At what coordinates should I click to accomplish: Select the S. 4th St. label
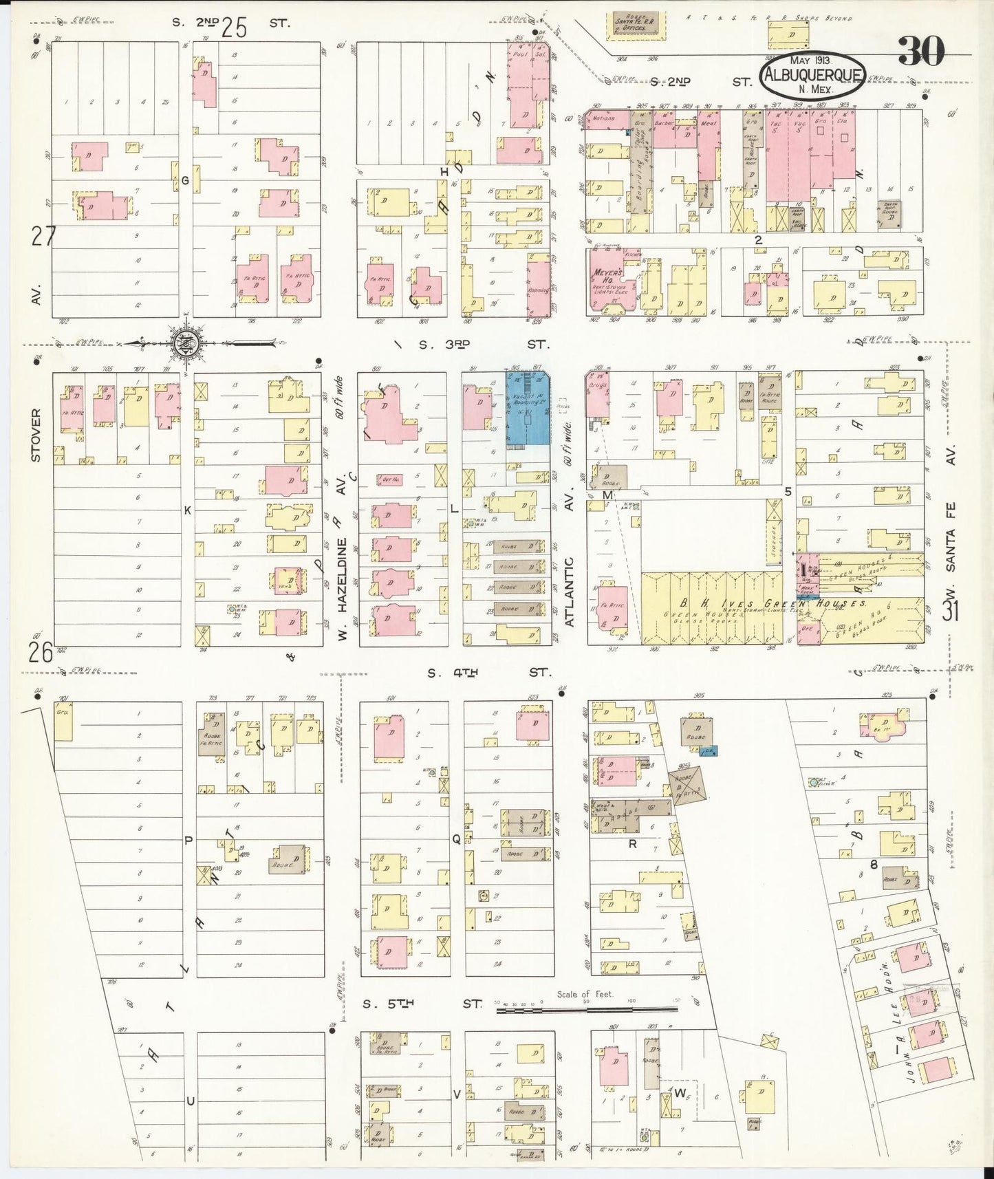[x=488, y=673]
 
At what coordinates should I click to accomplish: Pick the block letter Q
[x=455, y=839]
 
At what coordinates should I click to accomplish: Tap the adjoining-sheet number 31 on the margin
[x=950, y=611]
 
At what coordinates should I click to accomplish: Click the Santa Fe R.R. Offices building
[x=631, y=22]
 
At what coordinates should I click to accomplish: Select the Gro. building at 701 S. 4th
[x=63, y=721]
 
